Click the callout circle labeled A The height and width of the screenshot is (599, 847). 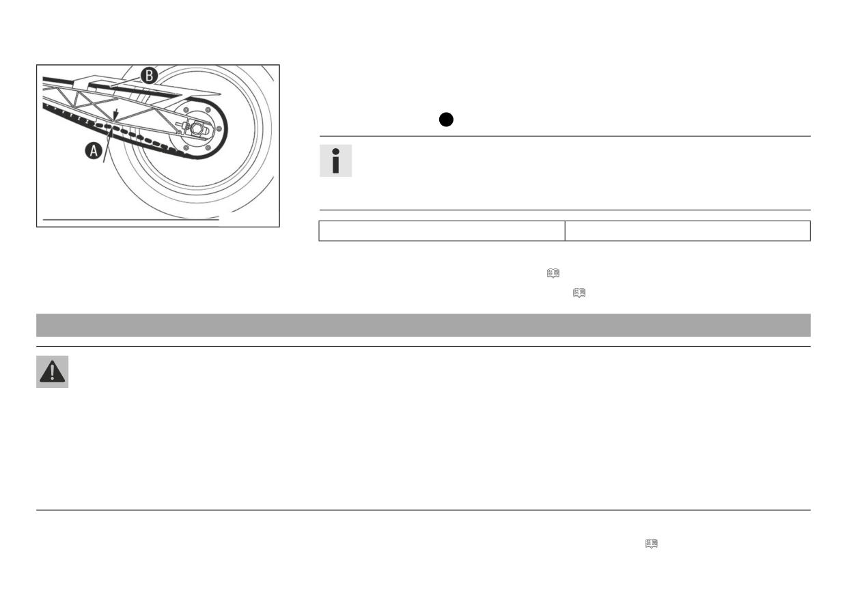click(94, 150)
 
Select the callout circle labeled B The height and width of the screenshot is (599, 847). click(150, 76)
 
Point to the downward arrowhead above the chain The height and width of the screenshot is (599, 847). click(116, 114)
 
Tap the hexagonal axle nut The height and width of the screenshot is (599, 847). click(197, 128)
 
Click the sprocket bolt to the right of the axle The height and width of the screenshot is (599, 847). click(219, 129)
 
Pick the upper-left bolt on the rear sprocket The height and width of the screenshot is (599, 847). click(186, 110)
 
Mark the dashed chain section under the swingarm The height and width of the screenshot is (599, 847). click(140, 138)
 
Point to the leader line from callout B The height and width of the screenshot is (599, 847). click(125, 82)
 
